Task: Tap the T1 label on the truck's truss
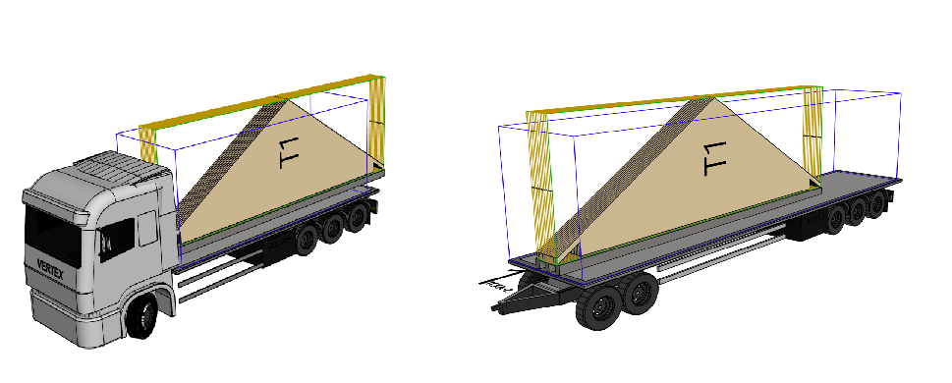coord(289,153)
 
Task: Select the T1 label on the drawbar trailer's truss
coord(714,158)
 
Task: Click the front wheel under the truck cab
coord(142,316)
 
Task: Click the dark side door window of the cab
coord(117,238)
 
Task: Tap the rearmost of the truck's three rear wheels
coord(359,218)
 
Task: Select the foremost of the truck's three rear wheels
coord(306,239)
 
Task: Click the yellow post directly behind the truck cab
coord(148,143)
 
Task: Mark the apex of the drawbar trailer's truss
coord(711,98)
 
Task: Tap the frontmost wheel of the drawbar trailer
coord(598,307)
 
